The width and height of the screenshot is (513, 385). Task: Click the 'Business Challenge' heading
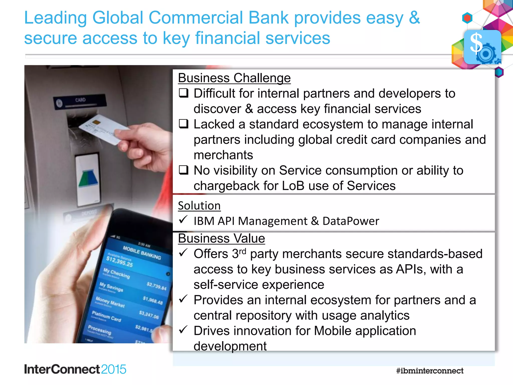(x=234, y=78)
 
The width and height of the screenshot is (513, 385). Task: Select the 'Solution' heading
(x=199, y=206)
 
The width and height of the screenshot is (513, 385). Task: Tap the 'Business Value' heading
(x=221, y=238)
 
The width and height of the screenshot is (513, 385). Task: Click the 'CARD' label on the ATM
(x=80, y=100)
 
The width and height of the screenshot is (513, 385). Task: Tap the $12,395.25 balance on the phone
(x=119, y=262)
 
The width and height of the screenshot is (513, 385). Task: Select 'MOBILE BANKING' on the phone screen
(x=142, y=253)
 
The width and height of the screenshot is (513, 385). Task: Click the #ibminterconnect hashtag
(x=430, y=371)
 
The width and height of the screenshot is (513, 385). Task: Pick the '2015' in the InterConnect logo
(x=113, y=369)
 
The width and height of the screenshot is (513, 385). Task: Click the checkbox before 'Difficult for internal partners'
(x=184, y=93)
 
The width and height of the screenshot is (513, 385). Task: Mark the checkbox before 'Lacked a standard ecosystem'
(x=184, y=124)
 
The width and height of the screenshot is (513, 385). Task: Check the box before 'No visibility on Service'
(x=184, y=170)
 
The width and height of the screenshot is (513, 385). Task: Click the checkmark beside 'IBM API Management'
(x=183, y=220)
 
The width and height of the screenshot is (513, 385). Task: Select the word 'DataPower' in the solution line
(x=351, y=221)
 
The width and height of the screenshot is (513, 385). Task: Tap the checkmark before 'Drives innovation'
(x=183, y=330)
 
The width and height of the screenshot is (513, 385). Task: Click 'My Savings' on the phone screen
(x=111, y=287)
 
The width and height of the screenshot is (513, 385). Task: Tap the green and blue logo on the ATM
(x=88, y=178)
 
